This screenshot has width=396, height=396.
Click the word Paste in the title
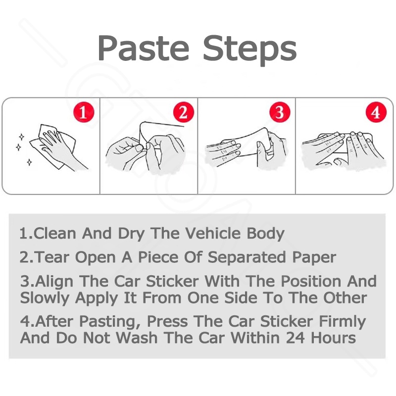144,49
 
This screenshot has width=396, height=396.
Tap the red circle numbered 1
84,112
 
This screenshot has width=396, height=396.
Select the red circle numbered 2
184,112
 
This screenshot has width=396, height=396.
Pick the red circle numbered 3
280,112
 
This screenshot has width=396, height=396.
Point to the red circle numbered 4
376,112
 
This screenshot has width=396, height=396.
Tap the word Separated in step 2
247,258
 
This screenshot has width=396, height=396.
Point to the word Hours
333,338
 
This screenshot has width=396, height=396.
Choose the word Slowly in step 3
45,299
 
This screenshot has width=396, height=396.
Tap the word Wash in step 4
137,338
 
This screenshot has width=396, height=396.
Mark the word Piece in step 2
158,257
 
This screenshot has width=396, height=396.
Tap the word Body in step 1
265,234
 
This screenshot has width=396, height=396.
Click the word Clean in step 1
54,233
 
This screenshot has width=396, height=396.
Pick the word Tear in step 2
52,257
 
